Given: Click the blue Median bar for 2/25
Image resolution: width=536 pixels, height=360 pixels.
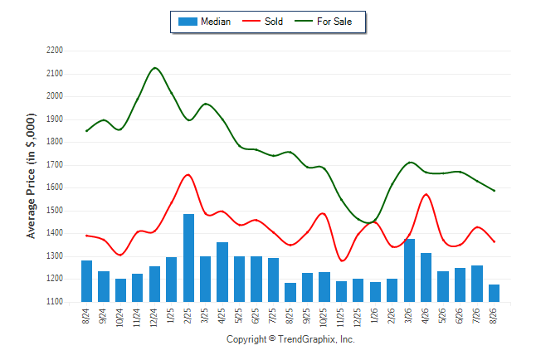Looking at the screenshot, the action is pyautogui.click(x=188, y=258).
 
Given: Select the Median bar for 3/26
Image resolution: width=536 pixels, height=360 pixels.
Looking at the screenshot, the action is pyautogui.click(x=409, y=270).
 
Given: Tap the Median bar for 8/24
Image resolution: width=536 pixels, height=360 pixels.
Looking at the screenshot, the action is pyautogui.click(x=87, y=281).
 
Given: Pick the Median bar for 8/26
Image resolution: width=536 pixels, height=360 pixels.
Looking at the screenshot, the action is pyautogui.click(x=494, y=294).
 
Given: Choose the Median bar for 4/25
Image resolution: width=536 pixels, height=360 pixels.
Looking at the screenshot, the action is pyautogui.click(x=222, y=272).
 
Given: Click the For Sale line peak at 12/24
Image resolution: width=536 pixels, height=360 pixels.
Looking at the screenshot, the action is pyautogui.click(x=155, y=68).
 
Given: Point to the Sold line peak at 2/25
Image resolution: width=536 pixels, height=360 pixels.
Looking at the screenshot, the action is pyautogui.click(x=188, y=175).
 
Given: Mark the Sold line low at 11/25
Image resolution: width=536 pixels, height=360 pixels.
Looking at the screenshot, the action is pyautogui.click(x=342, y=260).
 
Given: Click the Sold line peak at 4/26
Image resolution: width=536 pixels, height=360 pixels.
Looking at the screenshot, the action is pyautogui.click(x=426, y=194).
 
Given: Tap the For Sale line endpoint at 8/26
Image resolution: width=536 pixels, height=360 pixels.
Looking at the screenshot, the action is pyautogui.click(x=495, y=191).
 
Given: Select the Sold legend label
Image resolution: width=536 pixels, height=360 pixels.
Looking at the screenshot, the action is pyautogui.click(x=274, y=22).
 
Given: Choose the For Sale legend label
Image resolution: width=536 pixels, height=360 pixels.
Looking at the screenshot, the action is pyautogui.click(x=334, y=22).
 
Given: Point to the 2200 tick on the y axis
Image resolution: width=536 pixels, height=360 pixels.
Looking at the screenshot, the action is pyautogui.click(x=55, y=51).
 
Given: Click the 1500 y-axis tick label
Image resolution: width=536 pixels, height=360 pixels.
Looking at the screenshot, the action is pyautogui.click(x=55, y=211).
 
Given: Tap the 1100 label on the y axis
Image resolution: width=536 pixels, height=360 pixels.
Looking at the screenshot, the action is pyautogui.click(x=55, y=302).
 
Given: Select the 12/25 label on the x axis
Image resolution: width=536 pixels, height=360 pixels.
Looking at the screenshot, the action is pyautogui.click(x=358, y=318).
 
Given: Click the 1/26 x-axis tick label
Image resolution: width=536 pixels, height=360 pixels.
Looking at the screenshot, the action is pyautogui.click(x=375, y=315).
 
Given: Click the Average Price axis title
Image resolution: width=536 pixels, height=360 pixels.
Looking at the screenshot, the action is pyautogui.click(x=31, y=176).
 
